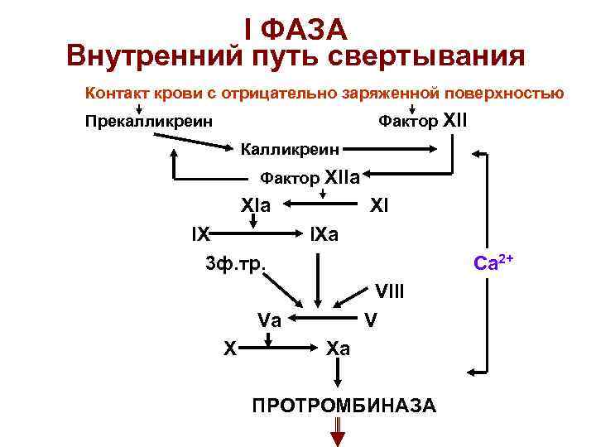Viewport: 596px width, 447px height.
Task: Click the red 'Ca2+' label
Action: click(x=493, y=263)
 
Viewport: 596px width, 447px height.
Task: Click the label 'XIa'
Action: click(x=255, y=204)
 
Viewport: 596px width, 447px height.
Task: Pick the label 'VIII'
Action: click(x=389, y=291)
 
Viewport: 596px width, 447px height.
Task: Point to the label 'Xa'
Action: click(x=338, y=348)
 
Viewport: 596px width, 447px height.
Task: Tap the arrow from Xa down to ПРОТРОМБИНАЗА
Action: click(x=338, y=373)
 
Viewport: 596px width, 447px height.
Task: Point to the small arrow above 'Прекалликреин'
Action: click(x=139, y=108)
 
